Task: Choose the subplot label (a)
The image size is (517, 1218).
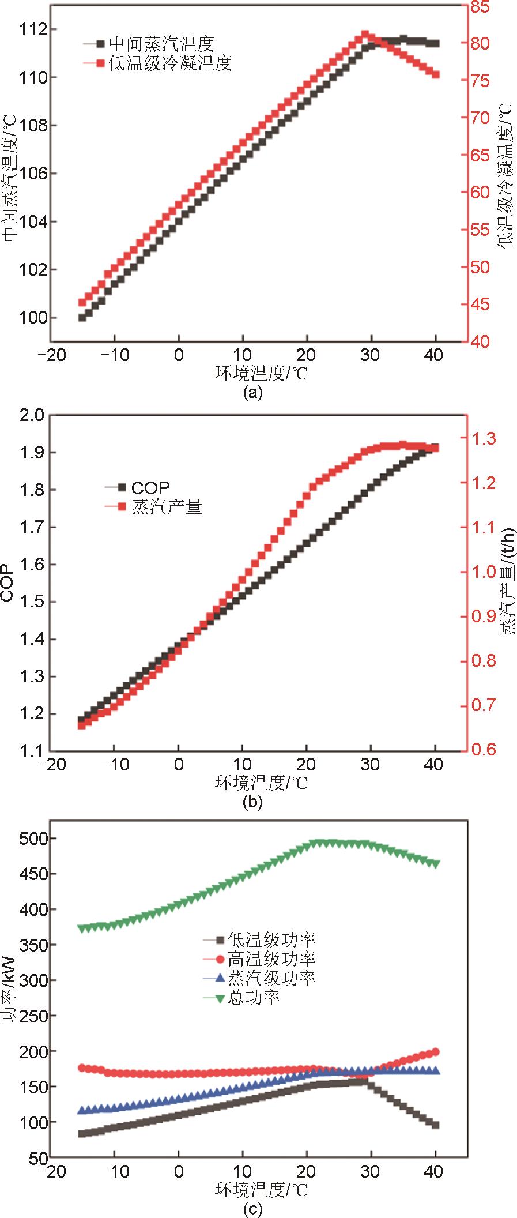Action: click(x=253, y=393)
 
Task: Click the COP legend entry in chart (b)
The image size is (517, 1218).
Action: click(x=150, y=487)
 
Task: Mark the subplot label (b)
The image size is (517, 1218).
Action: click(x=253, y=801)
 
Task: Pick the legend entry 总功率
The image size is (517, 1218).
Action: click(x=254, y=997)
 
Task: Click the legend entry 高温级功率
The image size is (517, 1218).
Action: click(x=271, y=959)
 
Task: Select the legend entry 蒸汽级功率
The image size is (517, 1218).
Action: click(x=271, y=978)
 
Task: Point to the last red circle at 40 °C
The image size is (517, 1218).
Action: click(x=435, y=1051)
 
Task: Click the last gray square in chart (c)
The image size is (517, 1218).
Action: click(x=436, y=1125)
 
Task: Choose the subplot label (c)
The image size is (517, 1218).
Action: click(x=253, y=1209)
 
